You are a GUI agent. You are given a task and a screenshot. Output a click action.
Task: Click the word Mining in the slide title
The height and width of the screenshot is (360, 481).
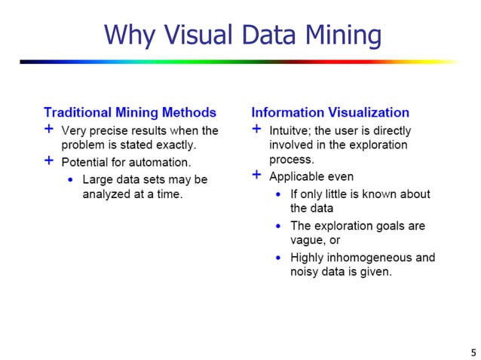click(336, 35)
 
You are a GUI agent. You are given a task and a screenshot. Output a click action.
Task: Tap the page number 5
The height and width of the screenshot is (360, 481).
click(473, 352)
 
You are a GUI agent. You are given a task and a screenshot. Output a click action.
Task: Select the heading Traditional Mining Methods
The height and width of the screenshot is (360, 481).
click(130, 113)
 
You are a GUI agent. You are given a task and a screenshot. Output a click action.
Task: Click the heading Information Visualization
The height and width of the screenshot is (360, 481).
click(330, 113)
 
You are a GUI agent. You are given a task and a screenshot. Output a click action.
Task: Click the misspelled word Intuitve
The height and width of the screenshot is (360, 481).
click(291, 130)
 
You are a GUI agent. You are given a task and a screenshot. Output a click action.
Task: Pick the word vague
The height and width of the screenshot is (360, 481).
click(308, 240)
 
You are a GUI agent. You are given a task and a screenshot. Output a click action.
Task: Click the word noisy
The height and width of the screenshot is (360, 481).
click(306, 272)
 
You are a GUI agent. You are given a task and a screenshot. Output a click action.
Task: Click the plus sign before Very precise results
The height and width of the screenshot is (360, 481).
click(49, 130)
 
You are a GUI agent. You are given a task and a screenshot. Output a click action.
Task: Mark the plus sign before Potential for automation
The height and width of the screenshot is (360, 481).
click(49, 160)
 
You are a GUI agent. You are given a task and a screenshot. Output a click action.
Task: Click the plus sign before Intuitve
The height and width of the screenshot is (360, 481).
click(257, 130)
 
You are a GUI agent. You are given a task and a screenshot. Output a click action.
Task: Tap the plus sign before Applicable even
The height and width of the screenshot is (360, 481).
click(257, 175)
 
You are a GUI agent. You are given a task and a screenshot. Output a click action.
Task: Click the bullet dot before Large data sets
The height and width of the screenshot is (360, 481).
click(70, 180)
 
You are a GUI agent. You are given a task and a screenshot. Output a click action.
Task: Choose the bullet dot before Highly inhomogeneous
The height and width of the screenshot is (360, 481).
click(278, 258)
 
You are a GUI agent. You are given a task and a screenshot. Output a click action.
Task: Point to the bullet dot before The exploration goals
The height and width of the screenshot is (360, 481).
click(278, 226)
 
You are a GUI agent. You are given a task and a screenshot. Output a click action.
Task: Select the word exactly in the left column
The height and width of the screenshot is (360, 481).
click(176, 145)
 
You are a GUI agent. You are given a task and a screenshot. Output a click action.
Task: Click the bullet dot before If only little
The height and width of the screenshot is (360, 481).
click(278, 194)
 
